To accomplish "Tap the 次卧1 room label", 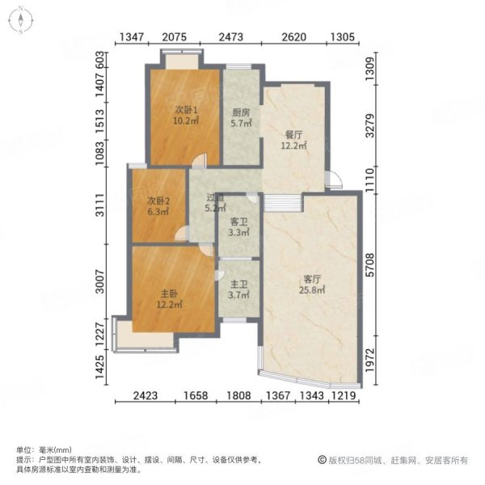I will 186,110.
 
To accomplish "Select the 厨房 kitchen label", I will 241,112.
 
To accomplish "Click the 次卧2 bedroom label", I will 158,201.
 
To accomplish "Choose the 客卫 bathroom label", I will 239,221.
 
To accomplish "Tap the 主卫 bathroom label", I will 239,284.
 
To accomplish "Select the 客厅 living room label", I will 312,279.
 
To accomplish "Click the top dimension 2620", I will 294,37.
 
